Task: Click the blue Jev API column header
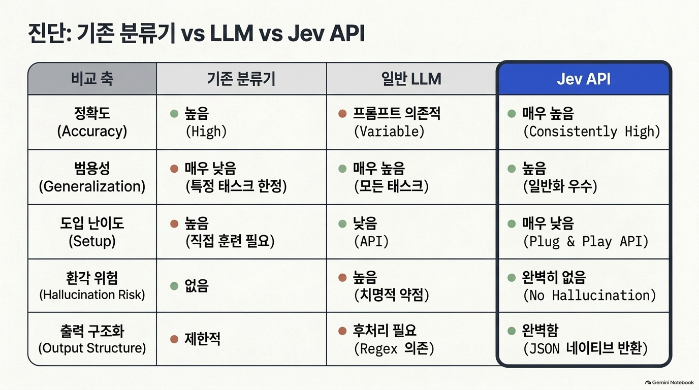pyautogui.click(x=584, y=79)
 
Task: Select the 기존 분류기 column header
pyautogui.click(x=241, y=79)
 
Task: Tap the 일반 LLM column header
pyautogui.click(x=411, y=79)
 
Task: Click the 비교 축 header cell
pyautogui.click(x=92, y=79)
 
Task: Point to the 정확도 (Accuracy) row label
pyautogui.click(x=92, y=122)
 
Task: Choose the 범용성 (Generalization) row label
pyautogui.click(x=92, y=177)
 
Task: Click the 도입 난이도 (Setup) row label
pyautogui.click(x=92, y=232)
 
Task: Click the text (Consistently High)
pyautogui.click(x=592, y=132)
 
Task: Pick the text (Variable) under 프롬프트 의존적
pyautogui.click(x=389, y=132)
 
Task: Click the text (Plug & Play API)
pyautogui.click(x=586, y=241)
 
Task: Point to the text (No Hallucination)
pyautogui.click(x=589, y=295)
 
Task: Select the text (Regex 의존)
pyautogui.click(x=394, y=348)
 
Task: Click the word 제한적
pyautogui.click(x=203, y=339)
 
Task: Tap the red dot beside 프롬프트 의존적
pyautogui.click(x=342, y=114)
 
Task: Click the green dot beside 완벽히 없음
pyautogui.click(x=512, y=277)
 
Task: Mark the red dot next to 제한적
pyautogui.click(x=174, y=339)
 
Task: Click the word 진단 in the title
pyautogui.click(x=49, y=34)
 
